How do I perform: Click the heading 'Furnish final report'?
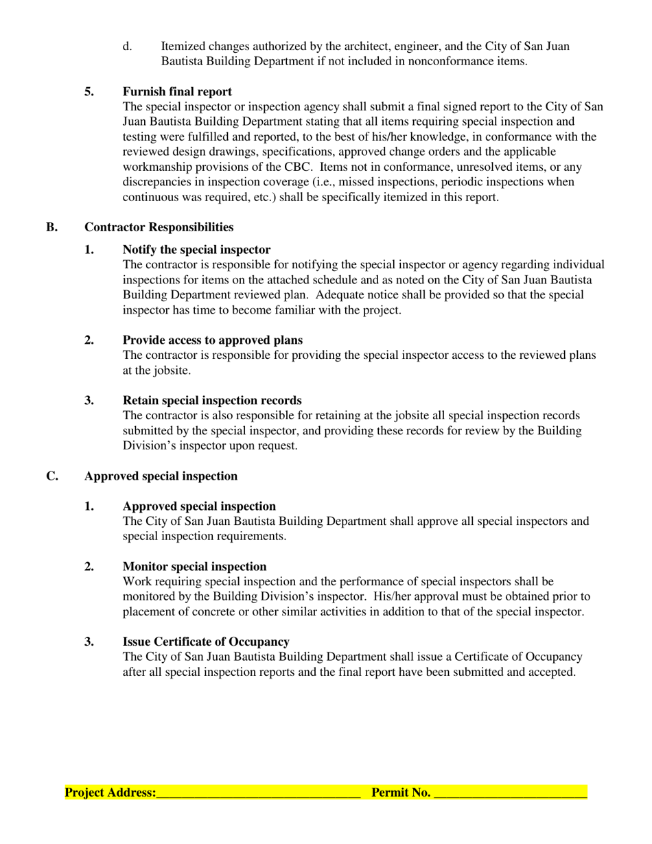point(177,92)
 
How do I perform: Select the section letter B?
point(52,227)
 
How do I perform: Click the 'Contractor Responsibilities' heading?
point(159,227)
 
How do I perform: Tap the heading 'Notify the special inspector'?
point(196,250)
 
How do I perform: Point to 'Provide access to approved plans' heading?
point(213,340)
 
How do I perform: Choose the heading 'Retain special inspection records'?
point(212,401)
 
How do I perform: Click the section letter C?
point(52,476)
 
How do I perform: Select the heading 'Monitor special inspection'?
point(194,567)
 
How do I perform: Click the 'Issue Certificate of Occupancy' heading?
point(206,642)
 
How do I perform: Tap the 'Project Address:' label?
point(110,793)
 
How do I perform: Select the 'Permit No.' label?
point(401,793)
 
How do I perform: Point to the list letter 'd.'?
point(127,47)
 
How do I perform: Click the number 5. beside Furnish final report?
point(89,92)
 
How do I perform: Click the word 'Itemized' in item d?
point(183,47)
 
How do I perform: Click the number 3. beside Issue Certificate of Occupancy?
point(89,642)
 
